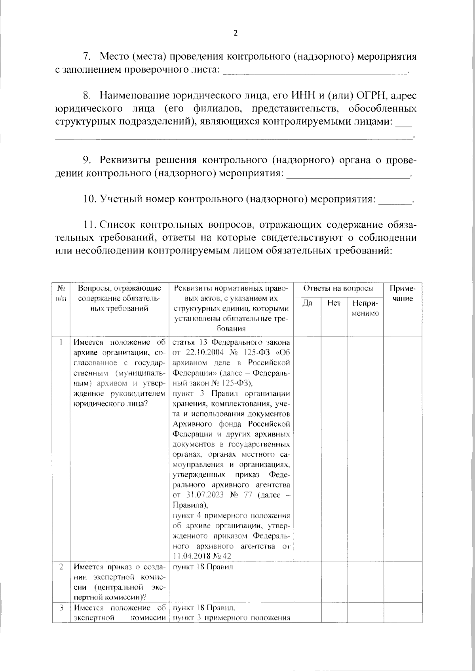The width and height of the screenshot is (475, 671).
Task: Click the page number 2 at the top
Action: [236, 33]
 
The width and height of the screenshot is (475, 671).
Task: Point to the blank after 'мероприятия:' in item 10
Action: [395, 200]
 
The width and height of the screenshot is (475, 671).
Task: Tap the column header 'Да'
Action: [308, 303]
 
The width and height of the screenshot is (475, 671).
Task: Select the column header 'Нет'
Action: [334, 303]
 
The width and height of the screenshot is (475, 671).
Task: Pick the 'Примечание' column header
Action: [403, 293]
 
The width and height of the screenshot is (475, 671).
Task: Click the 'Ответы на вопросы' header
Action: [338, 288]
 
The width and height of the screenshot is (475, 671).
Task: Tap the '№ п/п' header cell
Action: [61, 293]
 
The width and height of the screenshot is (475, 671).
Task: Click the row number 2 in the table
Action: [61, 567]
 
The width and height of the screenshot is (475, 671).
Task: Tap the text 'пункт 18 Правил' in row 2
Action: [203, 567]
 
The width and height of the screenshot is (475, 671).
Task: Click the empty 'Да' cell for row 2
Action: [308, 581]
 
